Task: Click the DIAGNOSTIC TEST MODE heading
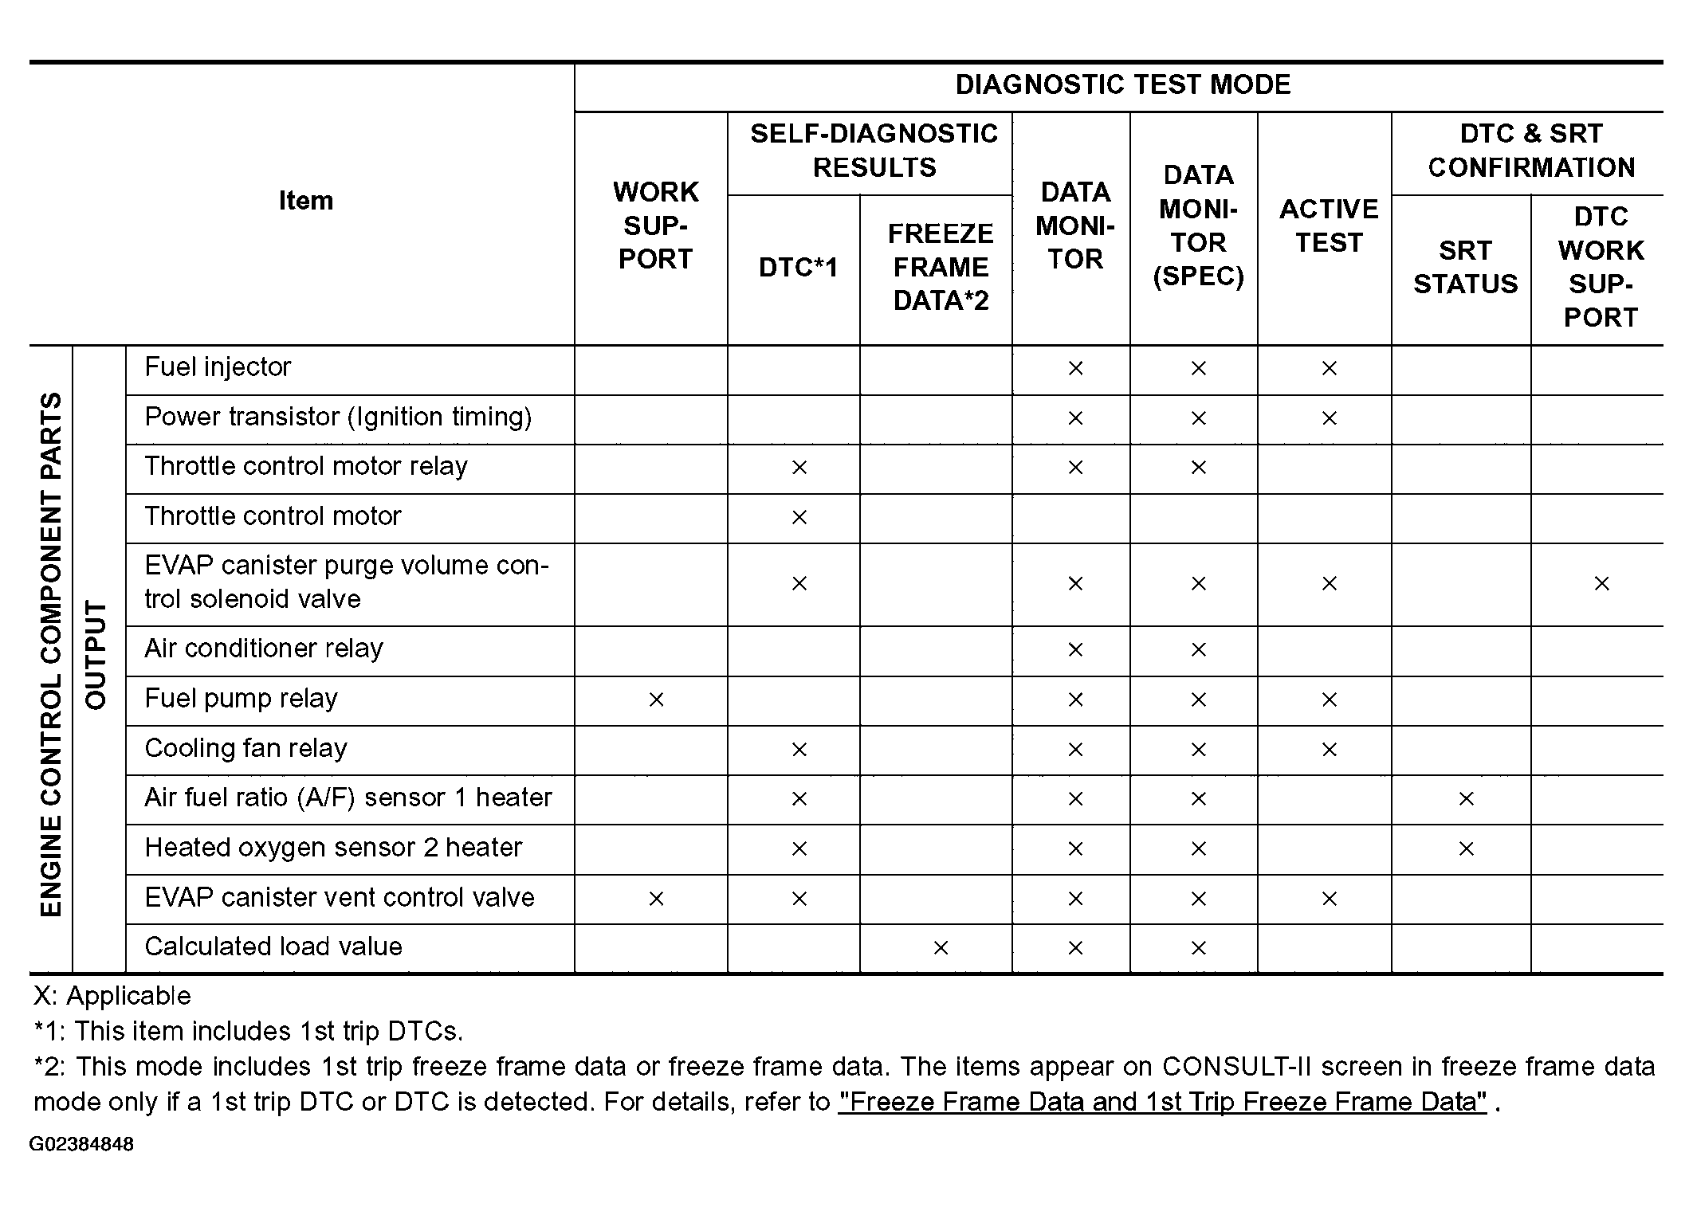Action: pyautogui.click(x=1122, y=85)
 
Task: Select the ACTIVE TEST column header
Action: pyautogui.click(x=1328, y=225)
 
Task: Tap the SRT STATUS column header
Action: pyautogui.click(x=1465, y=267)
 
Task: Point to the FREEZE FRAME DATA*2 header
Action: pyautogui.click(x=941, y=267)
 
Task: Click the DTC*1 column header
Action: pyautogui.click(x=798, y=268)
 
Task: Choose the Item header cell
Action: pyautogui.click(x=306, y=201)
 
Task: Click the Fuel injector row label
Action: pyautogui.click(x=218, y=367)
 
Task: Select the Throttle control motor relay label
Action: pyautogui.click(x=306, y=466)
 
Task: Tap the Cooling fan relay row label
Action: pyautogui.click(x=246, y=748)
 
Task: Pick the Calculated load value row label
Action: pyautogui.click(x=273, y=946)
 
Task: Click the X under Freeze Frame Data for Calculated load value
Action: pyautogui.click(x=941, y=947)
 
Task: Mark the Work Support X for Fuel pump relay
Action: pyautogui.click(x=656, y=700)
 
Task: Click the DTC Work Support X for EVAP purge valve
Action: pyautogui.click(x=1601, y=583)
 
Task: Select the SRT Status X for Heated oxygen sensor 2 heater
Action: pyautogui.click(x=1465, y=848)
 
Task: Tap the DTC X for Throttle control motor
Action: pyautogui.click(x=799, y=517)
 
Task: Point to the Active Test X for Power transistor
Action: pyautogui.click(x=1329, y=417)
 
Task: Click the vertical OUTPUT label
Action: pyautogui.click(x=96, y=655)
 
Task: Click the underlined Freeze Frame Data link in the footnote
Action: pyautogui.click(x=1162, y=1102)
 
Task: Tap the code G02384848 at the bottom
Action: pyautogui.click(x=81, y=1145)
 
